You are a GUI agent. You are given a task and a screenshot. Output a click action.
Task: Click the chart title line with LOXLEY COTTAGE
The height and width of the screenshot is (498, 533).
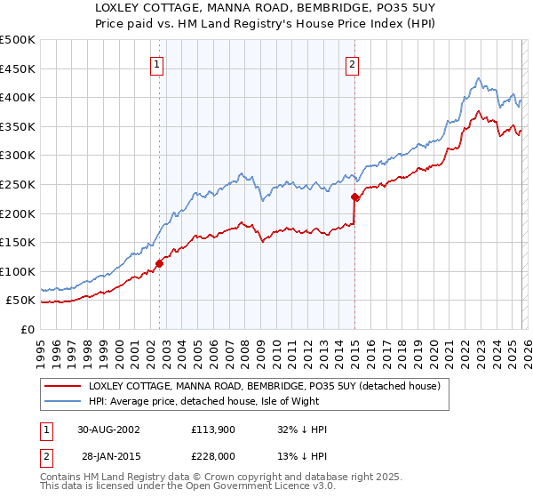click(x=266, y=8)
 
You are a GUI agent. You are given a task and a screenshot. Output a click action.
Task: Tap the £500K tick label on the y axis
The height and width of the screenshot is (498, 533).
click(x=18, y=40)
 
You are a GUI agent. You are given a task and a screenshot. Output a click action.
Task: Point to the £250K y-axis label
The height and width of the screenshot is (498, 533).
click(x=18, y=184)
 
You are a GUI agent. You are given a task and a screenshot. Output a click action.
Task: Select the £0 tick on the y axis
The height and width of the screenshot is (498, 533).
click(x=28, y=329)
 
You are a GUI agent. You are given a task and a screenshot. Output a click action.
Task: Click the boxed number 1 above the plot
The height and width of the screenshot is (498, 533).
click(x=156, y=63)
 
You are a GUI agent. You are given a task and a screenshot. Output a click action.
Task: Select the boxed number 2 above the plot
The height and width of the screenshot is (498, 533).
click(x=353, y=63)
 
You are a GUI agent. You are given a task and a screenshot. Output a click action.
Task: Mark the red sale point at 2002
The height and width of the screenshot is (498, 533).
click(x=160, y=263)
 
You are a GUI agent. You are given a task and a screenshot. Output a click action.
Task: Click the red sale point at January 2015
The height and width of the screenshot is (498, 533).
click(x=354, y=197)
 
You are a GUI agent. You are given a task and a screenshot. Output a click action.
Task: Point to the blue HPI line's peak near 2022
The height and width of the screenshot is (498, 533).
click(x=479, y=78)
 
